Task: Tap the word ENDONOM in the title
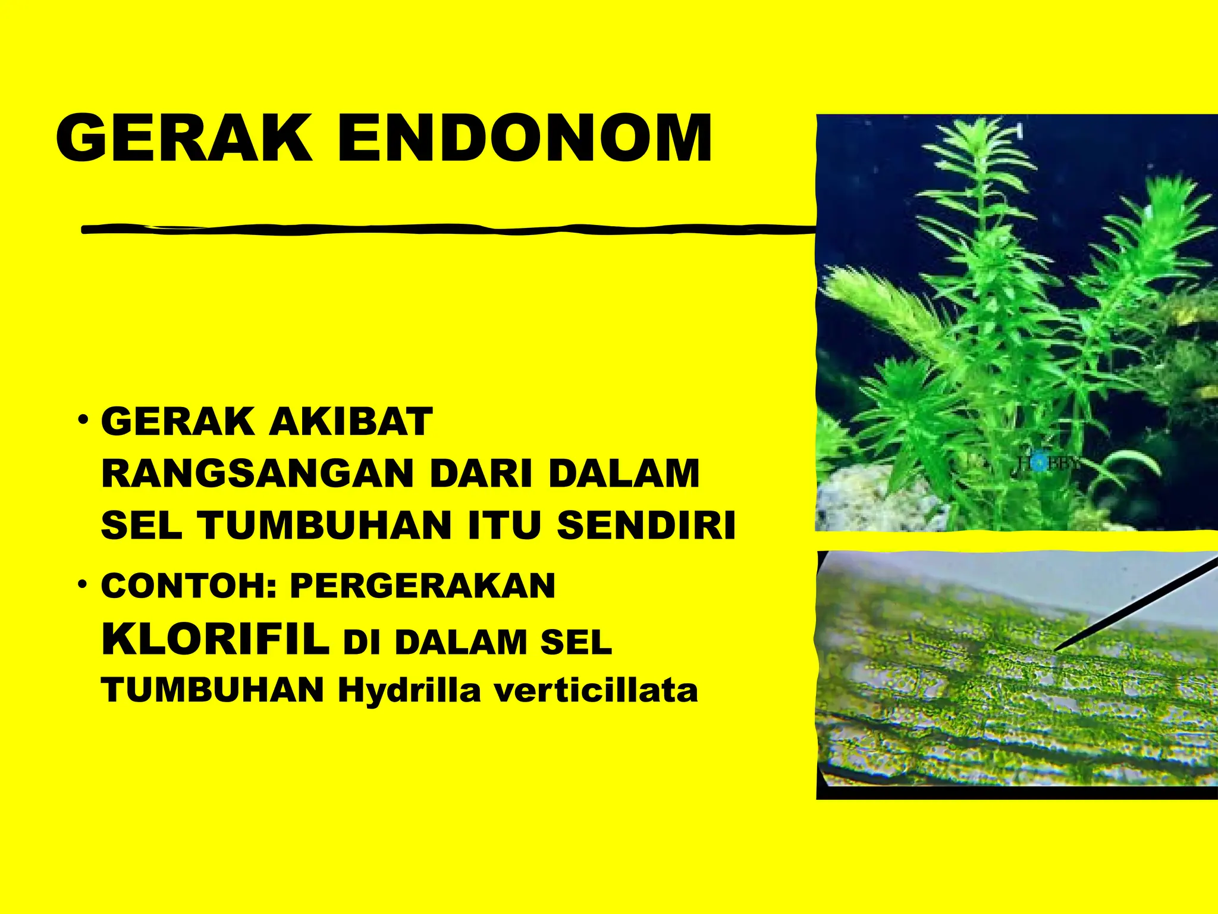[x=525, y=138]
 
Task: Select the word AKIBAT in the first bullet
[x=351, y=422]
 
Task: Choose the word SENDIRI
[x=646, y=526]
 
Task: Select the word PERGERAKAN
[x=423, y=586]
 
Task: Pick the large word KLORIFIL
[x=216, y=640]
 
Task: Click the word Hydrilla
[x=409, y=691]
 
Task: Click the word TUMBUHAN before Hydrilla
[x=212, y=691]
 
